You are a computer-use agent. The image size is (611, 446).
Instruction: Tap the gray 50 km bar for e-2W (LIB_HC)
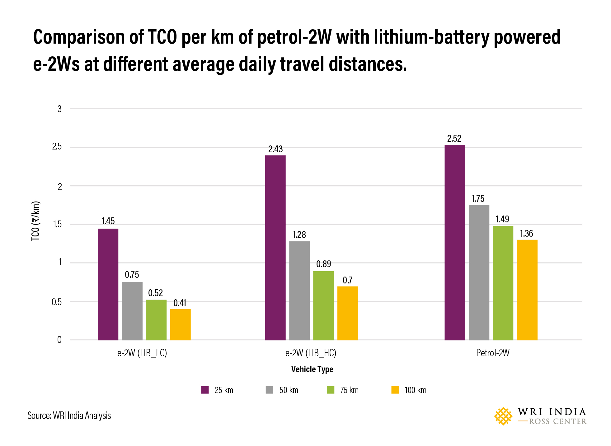pos(299,290)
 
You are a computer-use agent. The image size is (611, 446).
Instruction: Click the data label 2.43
pos(275,149)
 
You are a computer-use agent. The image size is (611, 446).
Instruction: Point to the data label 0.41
pos(180,303)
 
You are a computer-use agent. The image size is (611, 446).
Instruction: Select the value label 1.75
pos(478,199)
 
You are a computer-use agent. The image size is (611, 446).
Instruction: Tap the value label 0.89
pos(323,264)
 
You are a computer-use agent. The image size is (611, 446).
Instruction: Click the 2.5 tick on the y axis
pos(57,147)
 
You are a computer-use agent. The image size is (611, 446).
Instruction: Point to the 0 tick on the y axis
pos(59,340)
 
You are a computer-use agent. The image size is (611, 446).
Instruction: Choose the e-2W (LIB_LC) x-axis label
pos(142,353)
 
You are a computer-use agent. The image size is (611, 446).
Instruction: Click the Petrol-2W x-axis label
pos(493,353)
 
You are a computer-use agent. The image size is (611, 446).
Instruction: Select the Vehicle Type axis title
pos(312,369)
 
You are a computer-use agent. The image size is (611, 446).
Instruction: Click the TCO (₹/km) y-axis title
pos(36,221)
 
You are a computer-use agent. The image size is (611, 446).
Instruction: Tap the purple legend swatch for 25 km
pos(204,390)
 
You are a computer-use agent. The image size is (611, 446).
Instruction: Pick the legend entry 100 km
pos(415,390)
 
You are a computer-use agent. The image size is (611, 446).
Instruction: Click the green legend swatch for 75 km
pos(330,390)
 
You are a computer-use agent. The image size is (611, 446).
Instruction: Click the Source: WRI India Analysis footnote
pos(69,415)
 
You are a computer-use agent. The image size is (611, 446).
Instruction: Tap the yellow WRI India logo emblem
pos(503,416)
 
